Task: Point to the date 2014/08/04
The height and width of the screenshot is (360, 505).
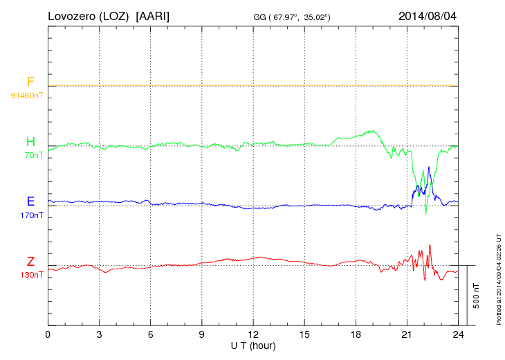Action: click(x=428, y=15)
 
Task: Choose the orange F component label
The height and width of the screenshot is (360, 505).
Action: click(x=30, y=82)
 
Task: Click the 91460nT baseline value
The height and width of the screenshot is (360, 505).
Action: click(x=26, y=95)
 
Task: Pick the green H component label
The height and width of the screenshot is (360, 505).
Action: click(x=30, y=142)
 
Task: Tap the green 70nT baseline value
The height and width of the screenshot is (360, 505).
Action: click(x=31, y=155)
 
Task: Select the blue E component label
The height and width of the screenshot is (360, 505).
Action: click(x=30, y=201)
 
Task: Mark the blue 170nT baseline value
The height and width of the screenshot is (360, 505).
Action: click(x=30, y=215)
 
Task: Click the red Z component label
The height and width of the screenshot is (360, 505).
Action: click(x=30, y=262)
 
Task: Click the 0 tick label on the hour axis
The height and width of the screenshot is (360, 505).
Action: click(x=48, y=334)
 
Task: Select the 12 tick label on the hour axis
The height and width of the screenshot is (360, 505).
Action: click(x=253, y=334)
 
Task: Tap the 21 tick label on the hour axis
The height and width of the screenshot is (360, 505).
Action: click(x=407, y=334)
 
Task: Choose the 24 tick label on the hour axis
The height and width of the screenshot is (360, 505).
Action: click(x=458, y=334)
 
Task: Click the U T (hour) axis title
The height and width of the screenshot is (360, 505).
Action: click(x=253, y=345)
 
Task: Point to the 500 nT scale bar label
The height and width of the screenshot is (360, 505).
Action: click(x=476, y=295)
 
